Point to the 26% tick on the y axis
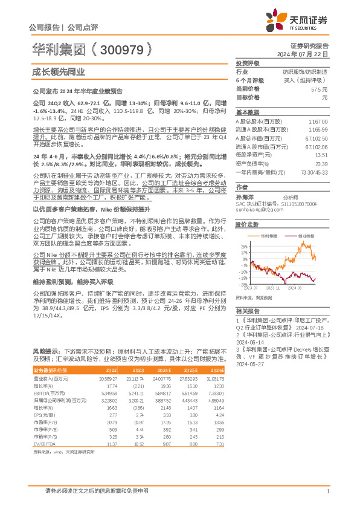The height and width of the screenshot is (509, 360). coord(244,247)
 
